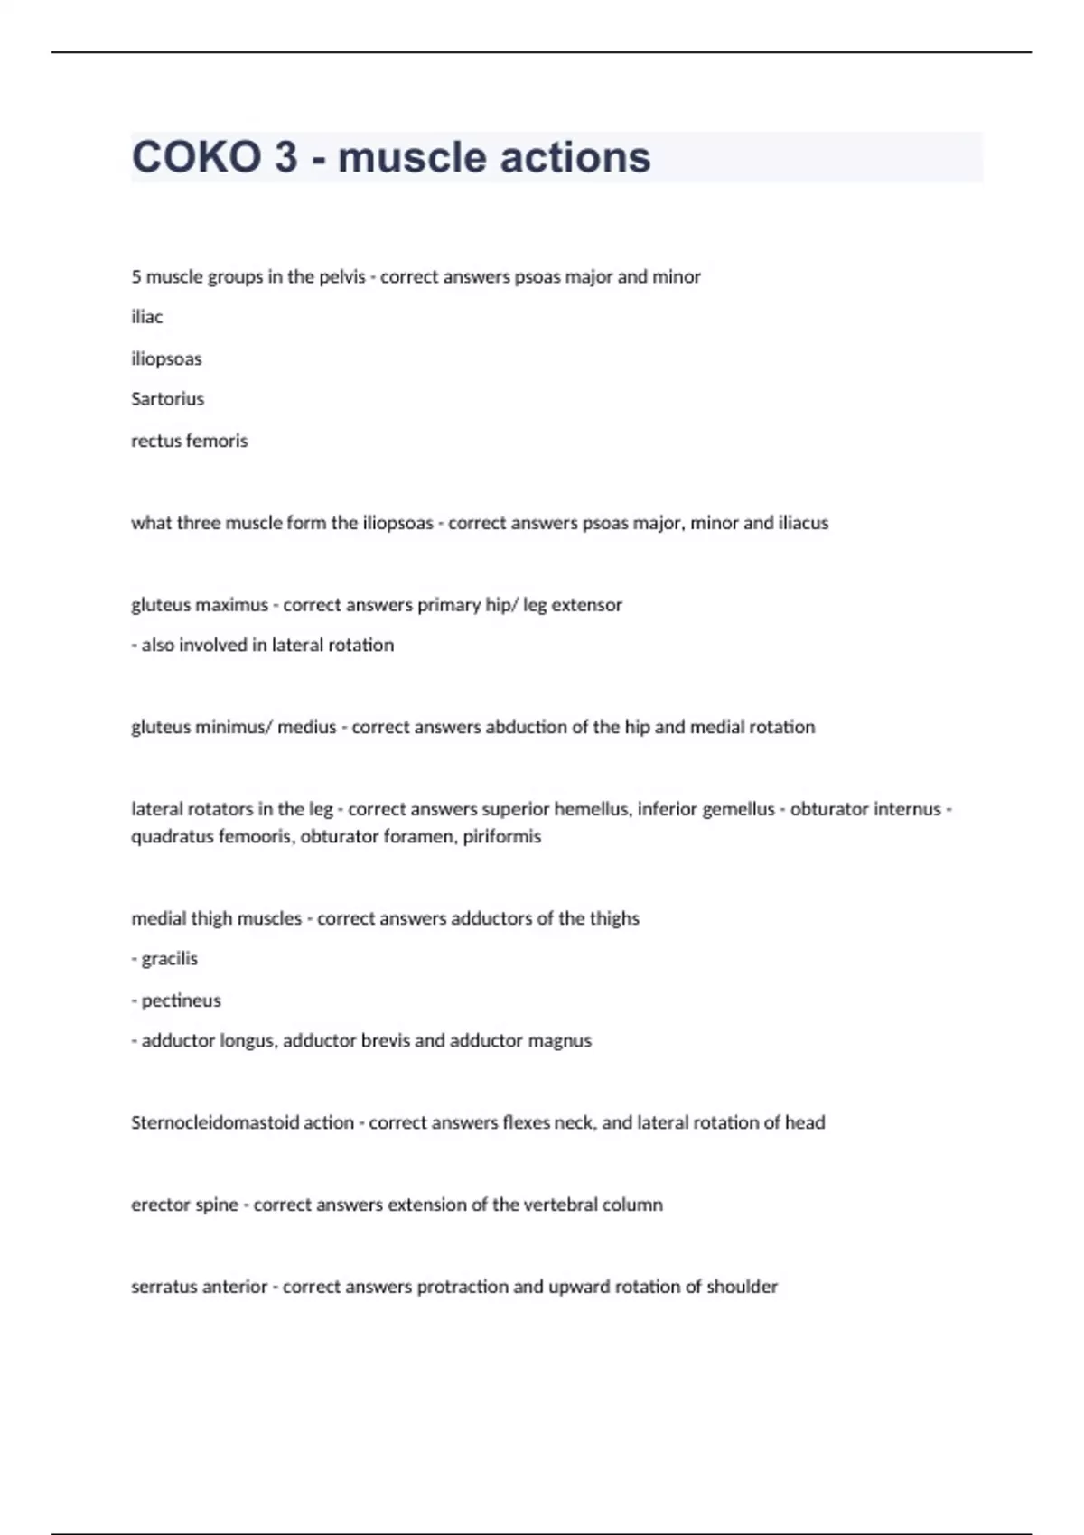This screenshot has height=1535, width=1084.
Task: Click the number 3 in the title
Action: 285,157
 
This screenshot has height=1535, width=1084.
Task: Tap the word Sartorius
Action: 167,399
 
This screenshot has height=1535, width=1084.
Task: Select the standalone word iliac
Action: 147,317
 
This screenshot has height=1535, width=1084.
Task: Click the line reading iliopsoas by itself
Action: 166,358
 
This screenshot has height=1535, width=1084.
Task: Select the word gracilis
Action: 170,959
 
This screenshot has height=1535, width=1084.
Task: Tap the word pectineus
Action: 181,1000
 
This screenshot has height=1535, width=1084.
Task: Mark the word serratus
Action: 163,1287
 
